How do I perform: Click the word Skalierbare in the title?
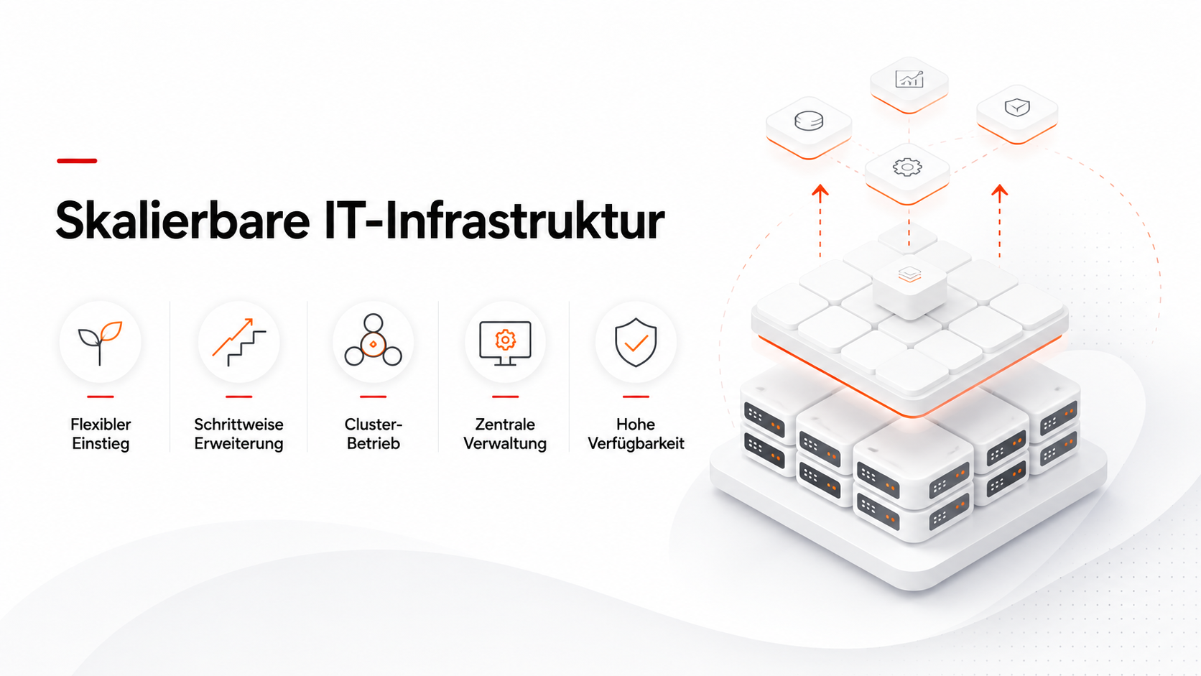[x=183, y=221]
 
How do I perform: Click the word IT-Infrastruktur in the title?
[x=494, y=221]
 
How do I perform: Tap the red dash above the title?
[x=77, y=161]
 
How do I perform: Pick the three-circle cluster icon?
[x=374, y=341]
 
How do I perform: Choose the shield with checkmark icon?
[x=636, y=343]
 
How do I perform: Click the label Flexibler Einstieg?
[x=101, y=434]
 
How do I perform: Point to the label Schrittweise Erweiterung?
[x=238, y=434]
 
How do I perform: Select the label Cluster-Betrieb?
[x=374, y=434]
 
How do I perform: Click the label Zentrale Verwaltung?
[x=505, y=434]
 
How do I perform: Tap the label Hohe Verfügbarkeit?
[x=636, y=434]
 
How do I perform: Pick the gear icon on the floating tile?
[x=907, y=167]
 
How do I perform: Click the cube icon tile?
[x=1017, y=114]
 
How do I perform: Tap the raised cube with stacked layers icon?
[x=910, y=287]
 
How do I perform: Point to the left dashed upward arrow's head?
[x=820, y=193]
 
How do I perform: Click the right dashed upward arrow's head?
[x=999, y=193]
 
